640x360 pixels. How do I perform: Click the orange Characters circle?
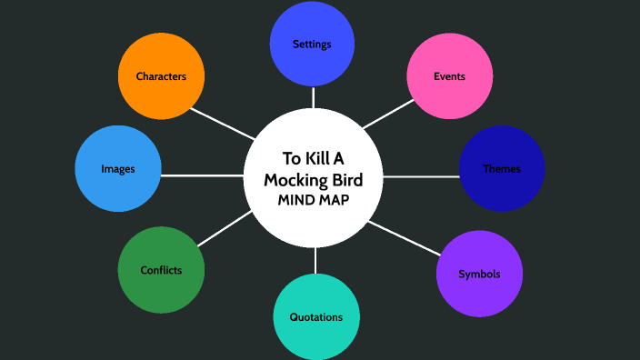pyautogui.click(x=161, y=76)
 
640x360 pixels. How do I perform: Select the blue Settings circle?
pyautogui.click(x=312, y=44)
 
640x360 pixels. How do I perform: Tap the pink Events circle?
pyautogui.click(x=449, y=76)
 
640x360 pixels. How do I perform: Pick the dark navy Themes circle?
pyautogui.click(x=502, y=169)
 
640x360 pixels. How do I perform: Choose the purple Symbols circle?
pyautogui.click(x=479, y=274)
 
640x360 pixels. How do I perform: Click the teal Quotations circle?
pyautogui.click(x=316, y=317)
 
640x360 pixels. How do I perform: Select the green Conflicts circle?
pyautogui.click(x=161, y=270)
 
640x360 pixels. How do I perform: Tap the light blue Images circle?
pyautogui.click(x=118, y=169)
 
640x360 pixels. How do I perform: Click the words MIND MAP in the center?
pyautogui.click(x=314, y=199)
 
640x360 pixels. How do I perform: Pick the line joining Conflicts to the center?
pyautogui.click(x=224, y=228)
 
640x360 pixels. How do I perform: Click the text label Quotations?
pyautogui.click(x=316, y=317)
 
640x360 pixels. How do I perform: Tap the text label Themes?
pyautogui.click(x=502, y=169)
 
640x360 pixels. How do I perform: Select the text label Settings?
pyautogui.click(x=312, y=44)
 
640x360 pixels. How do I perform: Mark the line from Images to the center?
pyautogui.click(x=202, y=173)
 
